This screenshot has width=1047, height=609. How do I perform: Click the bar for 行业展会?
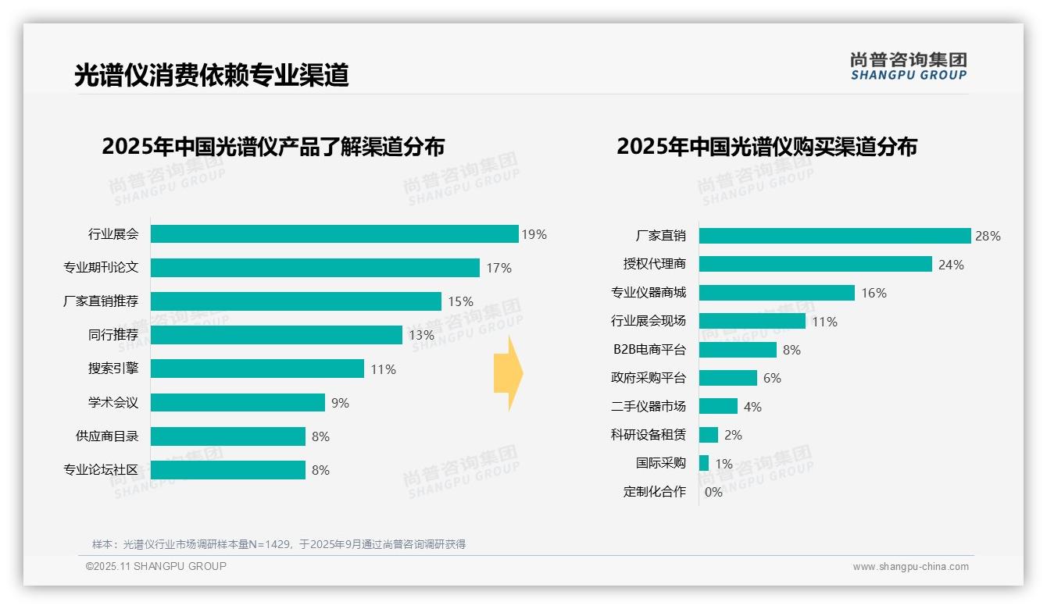tap(334, 234)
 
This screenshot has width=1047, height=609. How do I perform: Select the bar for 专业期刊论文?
tap(315, 268)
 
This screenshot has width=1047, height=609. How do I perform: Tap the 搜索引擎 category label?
tap(113, 369)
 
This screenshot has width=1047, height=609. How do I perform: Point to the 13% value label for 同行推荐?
tap(421, 336)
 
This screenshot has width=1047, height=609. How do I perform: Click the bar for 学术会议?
tap(238, 403)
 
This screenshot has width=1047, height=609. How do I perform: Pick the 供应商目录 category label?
tap(106, 436)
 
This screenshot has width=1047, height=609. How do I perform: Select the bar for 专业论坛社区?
tap(227, 470)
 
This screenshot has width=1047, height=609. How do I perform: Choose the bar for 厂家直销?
tap(834, 236)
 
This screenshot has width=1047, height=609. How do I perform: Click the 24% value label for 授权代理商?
tap(951, 265)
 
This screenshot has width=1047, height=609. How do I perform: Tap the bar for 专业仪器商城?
tap(777, 293)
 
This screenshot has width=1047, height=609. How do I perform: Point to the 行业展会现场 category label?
tap(648, 321)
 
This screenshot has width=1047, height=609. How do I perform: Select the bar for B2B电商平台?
tap(738, 350)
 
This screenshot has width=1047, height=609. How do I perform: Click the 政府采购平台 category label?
tap(648, 378)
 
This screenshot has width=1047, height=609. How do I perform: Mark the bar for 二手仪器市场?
tap(718, 406)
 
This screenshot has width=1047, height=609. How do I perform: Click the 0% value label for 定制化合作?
tap(713, 492)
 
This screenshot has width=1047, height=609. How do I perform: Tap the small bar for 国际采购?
tap(704, 463)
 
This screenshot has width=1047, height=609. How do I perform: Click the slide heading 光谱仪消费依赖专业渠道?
tap(211, 75)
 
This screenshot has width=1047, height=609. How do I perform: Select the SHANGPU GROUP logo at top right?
tap(908, 66)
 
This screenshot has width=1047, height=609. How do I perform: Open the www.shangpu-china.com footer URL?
tap(910, 567)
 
